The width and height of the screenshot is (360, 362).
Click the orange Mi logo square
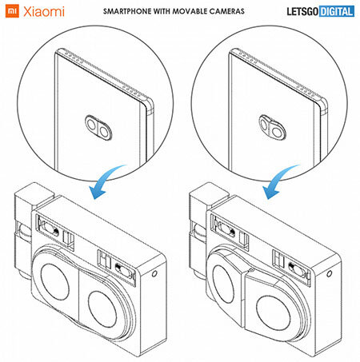(x=12, y=11)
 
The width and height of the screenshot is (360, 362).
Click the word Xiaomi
(x=44, y=12)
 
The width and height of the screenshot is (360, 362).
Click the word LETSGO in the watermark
(x=302, y=11)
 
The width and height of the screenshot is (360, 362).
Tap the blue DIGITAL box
(x=337, y=11)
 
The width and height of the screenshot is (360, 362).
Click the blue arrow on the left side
(x=106, y=181)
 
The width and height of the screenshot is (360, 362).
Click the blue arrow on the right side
(x=280, y=181)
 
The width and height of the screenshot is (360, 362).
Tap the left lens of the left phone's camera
(x=91, y=124)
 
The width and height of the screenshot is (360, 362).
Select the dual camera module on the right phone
(x=272, y=127)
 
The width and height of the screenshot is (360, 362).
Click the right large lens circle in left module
(x=102, y=309)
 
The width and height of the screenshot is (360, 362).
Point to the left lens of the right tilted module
(x=223, y=284)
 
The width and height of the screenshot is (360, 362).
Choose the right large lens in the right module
(x=273, y=313)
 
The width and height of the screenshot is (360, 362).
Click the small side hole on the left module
(x=154, y=273)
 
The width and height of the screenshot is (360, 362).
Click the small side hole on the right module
(x=330, y=273)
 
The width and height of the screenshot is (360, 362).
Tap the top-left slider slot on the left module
(x=50, y=229)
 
